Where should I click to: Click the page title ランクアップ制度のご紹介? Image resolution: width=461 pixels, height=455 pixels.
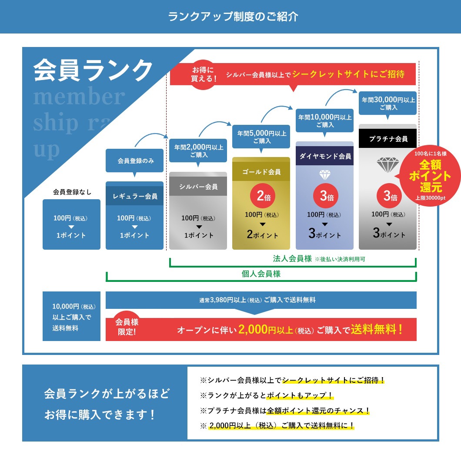click(x=233, y=17)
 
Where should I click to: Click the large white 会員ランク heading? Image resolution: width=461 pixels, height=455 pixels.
click(x=93, y=70)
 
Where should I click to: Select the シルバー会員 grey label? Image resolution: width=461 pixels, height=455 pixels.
click(x=198, y=187)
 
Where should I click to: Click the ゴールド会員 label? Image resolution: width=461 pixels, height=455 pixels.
click(x=261, y=172)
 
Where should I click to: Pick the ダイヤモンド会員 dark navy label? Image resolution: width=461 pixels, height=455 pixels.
click(x=324, y=156)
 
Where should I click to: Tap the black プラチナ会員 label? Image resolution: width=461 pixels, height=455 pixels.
click(x=388, y=139)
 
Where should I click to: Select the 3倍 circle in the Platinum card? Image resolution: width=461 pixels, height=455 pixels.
click(x=388, y=196)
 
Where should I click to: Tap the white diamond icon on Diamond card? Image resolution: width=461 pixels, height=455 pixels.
click(x=325, y=175)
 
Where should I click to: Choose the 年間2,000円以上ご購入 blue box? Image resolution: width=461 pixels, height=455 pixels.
click(x=198, y=151)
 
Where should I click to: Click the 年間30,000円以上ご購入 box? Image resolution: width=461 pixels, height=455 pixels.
click(x=388, y=103)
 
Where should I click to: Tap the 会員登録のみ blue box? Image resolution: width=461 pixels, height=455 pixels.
click(x=135, y=161)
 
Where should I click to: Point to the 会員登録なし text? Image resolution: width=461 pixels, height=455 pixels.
click(x=72, y=191)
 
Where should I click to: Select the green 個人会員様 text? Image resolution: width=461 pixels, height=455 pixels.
click(x=261, y=274)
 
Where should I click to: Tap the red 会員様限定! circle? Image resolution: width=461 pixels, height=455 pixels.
click(x=127, y=326)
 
